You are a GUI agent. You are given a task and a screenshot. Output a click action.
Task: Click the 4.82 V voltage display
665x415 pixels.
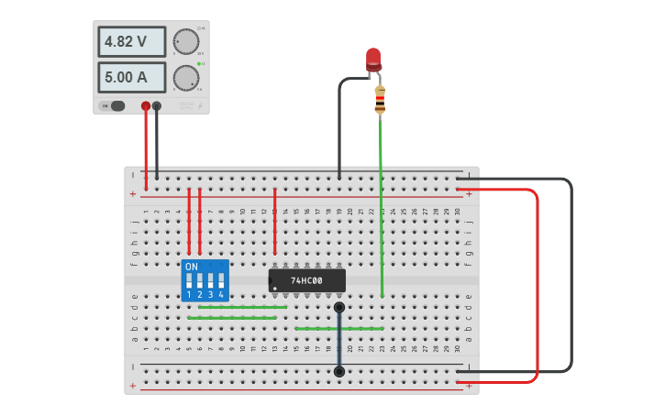(x=132, y=41)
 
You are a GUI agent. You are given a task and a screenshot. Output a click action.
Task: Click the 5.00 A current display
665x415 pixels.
(x=132, y=77)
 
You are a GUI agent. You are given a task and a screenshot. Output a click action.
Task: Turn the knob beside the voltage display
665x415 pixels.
(x=186, y=42)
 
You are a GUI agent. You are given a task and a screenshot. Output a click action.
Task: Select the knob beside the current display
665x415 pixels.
(x=186, y=78)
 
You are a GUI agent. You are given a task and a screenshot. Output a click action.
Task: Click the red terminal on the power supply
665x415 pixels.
(x=146, y=106)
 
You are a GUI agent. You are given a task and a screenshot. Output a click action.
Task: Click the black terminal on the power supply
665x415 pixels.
(x=157, y=106)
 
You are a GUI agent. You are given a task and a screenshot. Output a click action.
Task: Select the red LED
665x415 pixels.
(x=373, y=60)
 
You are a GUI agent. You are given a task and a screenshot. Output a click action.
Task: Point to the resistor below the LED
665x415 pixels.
(x=380, y=100)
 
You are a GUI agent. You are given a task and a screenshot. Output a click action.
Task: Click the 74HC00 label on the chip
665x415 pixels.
(x=306, y=280)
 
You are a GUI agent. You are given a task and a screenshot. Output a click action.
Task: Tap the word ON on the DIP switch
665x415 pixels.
(x=191, y=268)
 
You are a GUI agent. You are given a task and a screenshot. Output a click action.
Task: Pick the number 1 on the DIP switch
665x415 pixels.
(x=189, y=295)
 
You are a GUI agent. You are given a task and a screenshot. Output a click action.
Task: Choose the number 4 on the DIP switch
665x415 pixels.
(x=221, y=295)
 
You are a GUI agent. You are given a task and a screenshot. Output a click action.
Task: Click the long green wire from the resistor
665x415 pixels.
(x=382, y=211)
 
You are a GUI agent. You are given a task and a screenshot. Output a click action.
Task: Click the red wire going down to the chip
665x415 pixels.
(x=275, y=220)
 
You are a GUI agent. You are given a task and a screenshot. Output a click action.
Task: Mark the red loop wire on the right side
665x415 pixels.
(x=537, y=284)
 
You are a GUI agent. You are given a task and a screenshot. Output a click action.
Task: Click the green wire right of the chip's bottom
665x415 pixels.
(x=339, y=327)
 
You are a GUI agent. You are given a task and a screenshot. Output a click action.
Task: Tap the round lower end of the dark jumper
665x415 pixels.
(x=339, y=371)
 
